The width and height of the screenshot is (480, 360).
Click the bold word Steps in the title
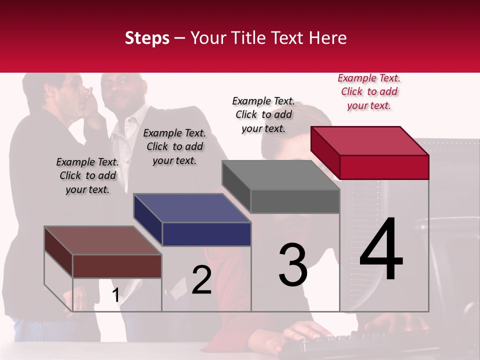pos(147,38)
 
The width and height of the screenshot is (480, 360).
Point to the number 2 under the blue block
pos(201,279)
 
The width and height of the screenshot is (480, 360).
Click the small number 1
pos(115,295)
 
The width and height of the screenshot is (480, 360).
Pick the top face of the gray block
pos(281,175)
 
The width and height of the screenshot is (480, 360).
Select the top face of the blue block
pos(192,208)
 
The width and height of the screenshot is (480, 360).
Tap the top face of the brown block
pos(103,240)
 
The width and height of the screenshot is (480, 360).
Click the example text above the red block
pos(369,91)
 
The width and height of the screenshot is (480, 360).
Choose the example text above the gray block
pos(263,114)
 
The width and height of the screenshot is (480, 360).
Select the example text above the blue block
pos(174,146)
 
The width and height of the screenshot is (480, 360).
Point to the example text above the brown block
pos(87,175)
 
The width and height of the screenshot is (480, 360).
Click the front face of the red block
pos(384,167)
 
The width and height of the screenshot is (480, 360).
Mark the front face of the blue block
pos(206,234)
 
